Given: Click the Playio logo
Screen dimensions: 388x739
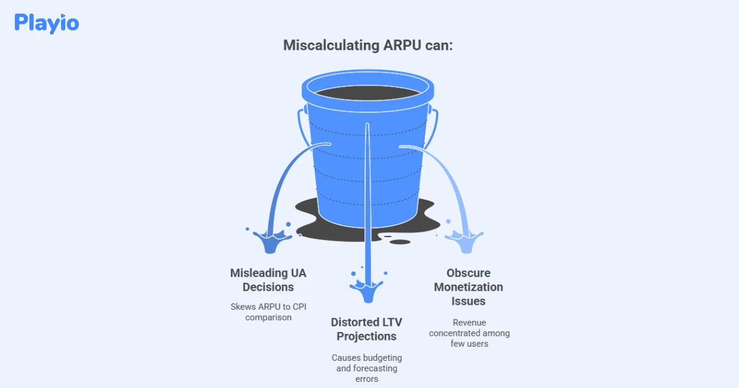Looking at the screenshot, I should (x=47, y=23).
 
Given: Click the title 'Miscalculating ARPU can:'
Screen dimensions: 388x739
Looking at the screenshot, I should (x=368, y=46).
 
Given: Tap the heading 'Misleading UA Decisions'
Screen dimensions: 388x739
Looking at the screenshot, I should (x=268, y=280).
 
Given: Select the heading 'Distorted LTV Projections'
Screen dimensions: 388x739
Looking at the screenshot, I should (x=363, y=329).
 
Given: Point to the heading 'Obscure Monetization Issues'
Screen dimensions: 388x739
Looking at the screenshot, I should (x=468, y=287).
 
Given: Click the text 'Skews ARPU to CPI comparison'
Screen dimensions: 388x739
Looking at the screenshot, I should (x=268, y=312).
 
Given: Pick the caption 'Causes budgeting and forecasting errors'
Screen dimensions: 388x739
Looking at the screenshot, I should (x=366, y=368).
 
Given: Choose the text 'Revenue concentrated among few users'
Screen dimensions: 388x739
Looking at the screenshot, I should (x=469, y=333).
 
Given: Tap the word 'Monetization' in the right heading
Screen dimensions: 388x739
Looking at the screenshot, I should (x=468, y=287).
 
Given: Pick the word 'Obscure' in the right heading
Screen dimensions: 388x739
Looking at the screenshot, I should (x=469, y=273).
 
